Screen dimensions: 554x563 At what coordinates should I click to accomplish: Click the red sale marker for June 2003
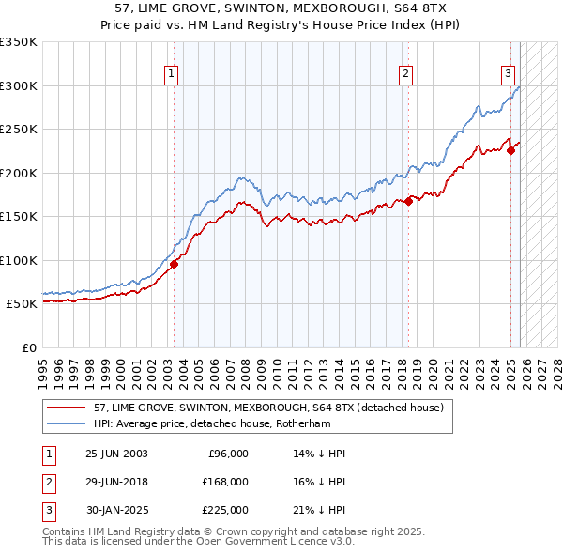click(174, 264)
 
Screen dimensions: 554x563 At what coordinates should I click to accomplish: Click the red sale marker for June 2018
click(409, 201)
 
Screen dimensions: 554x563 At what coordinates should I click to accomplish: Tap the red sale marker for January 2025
click(511, 150)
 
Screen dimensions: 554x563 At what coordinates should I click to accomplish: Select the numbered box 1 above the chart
click(173, 75)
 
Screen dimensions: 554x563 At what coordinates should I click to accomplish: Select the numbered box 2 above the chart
click(405, 75)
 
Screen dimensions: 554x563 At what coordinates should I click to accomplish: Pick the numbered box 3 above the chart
click(508, 75)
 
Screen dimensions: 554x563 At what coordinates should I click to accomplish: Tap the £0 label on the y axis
click(29, 348)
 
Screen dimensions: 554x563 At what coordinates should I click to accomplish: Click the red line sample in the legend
click(66, 408)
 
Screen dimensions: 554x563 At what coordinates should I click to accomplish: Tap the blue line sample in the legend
click(66, 423)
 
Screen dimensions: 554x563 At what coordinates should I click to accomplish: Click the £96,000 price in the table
click(228, 454)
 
